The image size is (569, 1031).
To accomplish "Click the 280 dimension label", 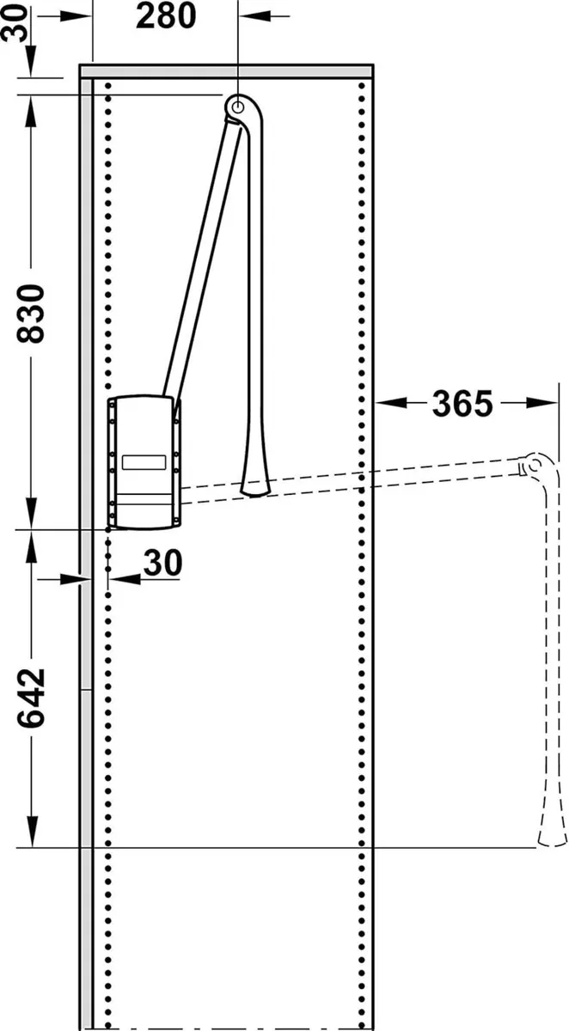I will tap(166, 17).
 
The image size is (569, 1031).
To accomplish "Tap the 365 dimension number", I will tap(462, 403).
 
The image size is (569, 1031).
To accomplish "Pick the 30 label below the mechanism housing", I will tap(162, 563).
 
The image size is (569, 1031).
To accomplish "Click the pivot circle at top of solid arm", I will tap(237, 107).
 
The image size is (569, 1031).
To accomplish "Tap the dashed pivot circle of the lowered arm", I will tap(533, 465).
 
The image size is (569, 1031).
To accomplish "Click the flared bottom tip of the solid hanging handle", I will tap(254, 486).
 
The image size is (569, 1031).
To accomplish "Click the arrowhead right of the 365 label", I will tap(550, 402).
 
